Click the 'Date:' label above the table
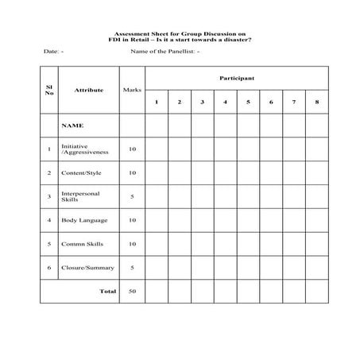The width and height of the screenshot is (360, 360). (x=52, y=51)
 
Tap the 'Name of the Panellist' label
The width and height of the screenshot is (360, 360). (x=165, y=51)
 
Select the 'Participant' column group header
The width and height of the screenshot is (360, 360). (x=237, y=78)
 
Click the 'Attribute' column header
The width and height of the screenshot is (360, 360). (x=89, y=90)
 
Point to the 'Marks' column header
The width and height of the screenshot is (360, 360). (x=132, y=90)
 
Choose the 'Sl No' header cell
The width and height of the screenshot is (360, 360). (x=49, y=89)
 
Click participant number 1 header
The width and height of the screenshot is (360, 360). (x=157, y=102)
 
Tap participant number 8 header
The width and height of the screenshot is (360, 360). (x=316, y=102)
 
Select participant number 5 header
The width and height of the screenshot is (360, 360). (x=248, y=102)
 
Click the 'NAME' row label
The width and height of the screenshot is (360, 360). (x=72, y=126)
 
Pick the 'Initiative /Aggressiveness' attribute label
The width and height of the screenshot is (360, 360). (x=85, y=149)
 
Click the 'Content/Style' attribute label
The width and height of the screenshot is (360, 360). (x=82, y=172)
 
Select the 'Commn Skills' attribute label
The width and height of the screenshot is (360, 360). (x=83, y=244)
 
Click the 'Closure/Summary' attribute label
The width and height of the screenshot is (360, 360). (x=87, y=268)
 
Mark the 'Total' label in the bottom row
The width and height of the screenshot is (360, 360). (x=107, y=291)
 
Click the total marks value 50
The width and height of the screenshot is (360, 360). (x=132, y=291)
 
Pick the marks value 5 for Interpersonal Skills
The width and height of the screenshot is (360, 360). (x=132, y=196)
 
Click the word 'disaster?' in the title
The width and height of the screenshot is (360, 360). (x=234, y=40)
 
